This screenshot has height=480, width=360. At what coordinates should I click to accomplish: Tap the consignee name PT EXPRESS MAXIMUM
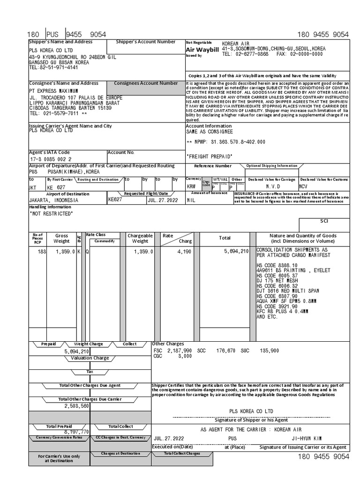[54, 90]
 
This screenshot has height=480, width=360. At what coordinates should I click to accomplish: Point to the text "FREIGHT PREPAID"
[209, 156]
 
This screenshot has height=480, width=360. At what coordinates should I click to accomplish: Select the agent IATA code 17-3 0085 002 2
[51, 159]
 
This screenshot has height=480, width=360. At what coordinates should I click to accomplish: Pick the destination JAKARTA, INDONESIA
[53, 200]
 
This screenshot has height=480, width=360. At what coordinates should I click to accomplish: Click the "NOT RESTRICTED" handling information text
[51, 214]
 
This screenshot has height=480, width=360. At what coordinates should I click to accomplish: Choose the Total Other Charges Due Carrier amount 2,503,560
[77, 406]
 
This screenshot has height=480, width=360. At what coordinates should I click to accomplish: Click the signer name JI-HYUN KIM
[304, 438]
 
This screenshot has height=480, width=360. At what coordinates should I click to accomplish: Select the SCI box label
[324, 220]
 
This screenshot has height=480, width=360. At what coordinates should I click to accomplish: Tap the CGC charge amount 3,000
[185, 356]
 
